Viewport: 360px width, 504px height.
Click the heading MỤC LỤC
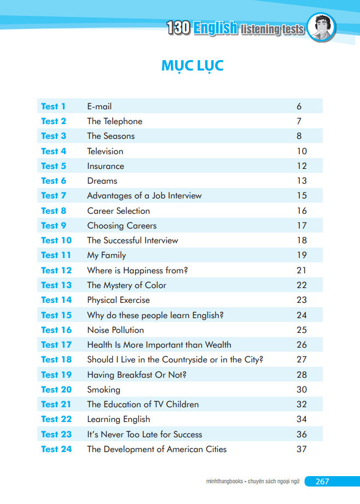(x=192, y=66)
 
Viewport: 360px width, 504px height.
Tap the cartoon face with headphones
(x=321, y=27)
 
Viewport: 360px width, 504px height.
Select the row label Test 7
(x=54, y=196)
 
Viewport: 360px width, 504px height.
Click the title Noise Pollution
(x=115, y=330)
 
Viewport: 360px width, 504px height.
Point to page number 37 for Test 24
(x=302, y=449)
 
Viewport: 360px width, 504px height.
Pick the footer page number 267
(x=322, y=481)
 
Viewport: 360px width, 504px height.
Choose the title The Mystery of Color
(x=127, y=285)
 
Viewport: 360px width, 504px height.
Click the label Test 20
(x=56, y=390)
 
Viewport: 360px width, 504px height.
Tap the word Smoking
(x=103, y=390)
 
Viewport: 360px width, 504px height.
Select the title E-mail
(x=100, y=107)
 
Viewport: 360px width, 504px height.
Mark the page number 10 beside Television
(x=302, y=151)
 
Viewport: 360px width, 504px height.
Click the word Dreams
(x=102, y=180)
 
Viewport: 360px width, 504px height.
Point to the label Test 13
(x=56, y=285)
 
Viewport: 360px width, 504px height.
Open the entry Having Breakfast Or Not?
(x=137, y=375)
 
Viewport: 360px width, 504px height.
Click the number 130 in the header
(x=178, y=28)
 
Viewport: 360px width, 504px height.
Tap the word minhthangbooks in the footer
(x=224, y=481)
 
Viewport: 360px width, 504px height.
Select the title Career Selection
(x=118, y=211)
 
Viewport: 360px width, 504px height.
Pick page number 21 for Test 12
(x=301, y=271)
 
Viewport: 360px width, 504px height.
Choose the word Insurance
(x=106, y=166)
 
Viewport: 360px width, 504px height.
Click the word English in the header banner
(x=216, y=28)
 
